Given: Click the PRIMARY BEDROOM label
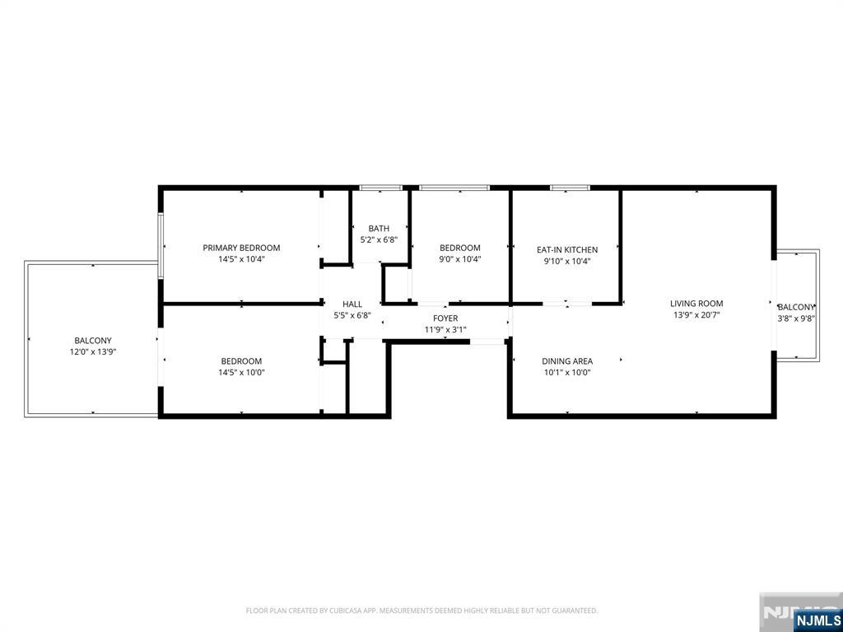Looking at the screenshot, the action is tap(241, 248).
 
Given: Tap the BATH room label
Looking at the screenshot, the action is tap(379, 229).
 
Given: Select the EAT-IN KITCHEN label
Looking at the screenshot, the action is tap(567, 250).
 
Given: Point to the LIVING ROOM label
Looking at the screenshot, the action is tap(696, 304).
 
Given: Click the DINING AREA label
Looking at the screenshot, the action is tap(567, 361).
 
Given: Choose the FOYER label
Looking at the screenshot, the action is tap(445, 318).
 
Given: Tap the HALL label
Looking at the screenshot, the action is tap(352, 304).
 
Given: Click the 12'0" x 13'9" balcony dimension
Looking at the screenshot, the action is tap(93, 352).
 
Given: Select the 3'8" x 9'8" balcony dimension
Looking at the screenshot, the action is tap(796, 318).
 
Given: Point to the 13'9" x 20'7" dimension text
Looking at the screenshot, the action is tap(696, 315).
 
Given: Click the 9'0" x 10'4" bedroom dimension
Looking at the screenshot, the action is tap(459, 259).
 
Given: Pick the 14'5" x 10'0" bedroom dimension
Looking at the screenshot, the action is tap(241, 373).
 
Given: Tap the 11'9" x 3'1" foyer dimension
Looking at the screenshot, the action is tap(445, 330).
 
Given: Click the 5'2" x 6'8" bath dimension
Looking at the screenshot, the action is tap(379, 239).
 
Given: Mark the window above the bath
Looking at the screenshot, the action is tap(381, 188).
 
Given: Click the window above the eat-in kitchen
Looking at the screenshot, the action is tap(570, 188).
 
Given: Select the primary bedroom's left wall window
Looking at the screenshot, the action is tap(161, 245).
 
